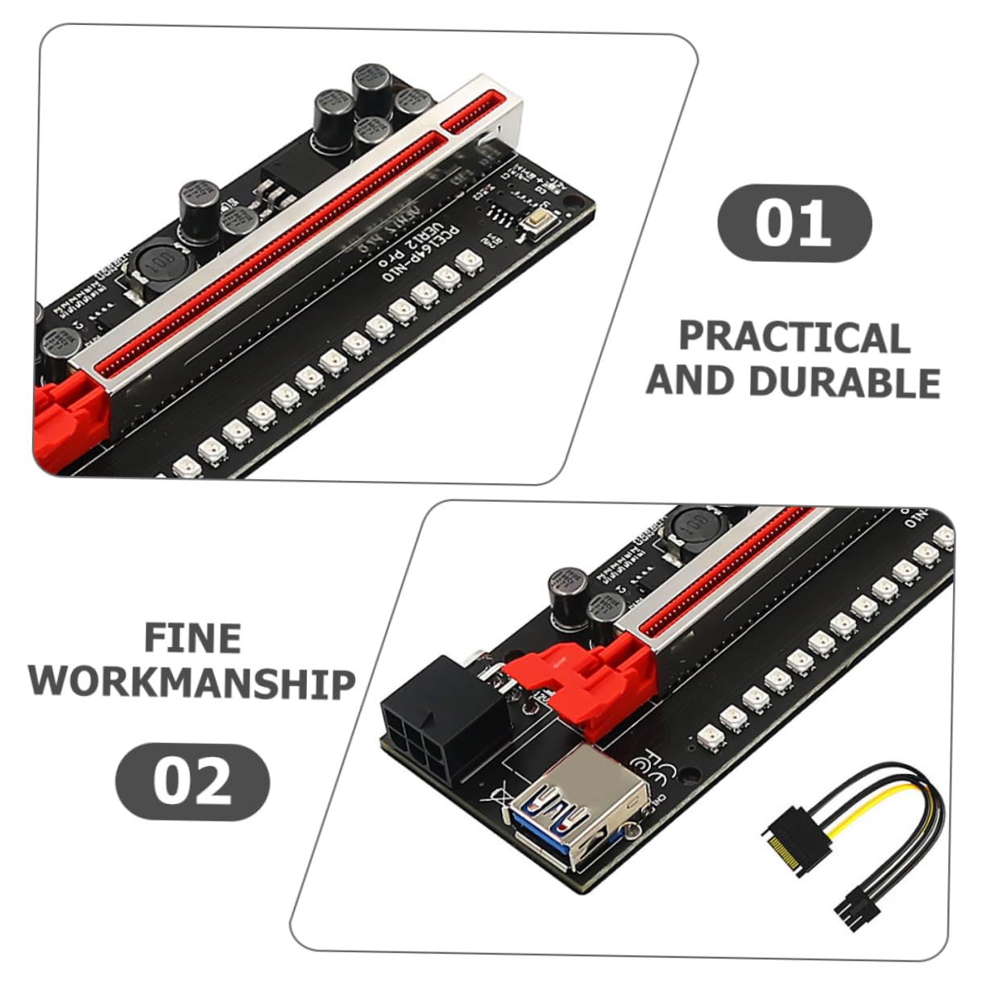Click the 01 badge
[793, 223]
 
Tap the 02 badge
[193, 781]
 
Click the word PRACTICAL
[794, 337]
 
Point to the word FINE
[193, 638]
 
